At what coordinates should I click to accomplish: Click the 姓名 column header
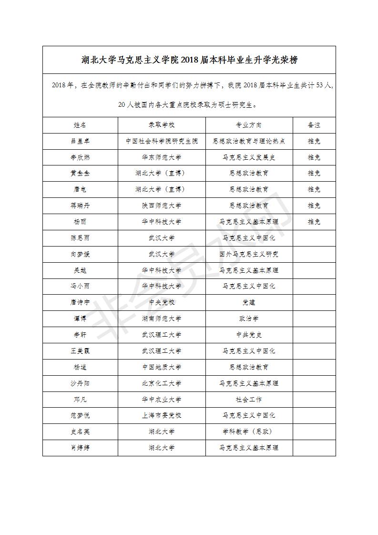[80, 125]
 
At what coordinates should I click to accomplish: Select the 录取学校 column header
[162, 125]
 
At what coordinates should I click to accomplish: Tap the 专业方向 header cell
[249, 125]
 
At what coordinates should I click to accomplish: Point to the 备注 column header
[314, 125]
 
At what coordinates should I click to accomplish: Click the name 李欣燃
[80, 157]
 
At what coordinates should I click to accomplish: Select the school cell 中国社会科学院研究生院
[162, 141]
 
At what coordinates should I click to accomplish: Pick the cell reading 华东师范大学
[162, 157]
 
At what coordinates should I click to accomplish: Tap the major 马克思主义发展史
[249, 157]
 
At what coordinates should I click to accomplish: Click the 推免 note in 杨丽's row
[314, 222]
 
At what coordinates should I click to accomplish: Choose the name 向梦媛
[80, 254]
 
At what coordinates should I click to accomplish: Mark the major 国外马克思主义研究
[249, 254]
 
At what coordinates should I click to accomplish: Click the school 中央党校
[162, 302]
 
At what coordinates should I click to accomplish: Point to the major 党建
[249, 302]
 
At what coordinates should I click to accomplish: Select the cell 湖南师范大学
[162, 319]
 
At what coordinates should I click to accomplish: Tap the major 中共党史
[249, 335]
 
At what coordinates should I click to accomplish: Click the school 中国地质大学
[162, 367]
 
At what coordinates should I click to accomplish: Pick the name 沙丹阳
[80, 383]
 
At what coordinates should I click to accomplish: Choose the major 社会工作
[249, 399]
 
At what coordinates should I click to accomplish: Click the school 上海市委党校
[162, 415]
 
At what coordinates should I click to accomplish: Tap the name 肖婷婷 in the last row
[80, 448]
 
